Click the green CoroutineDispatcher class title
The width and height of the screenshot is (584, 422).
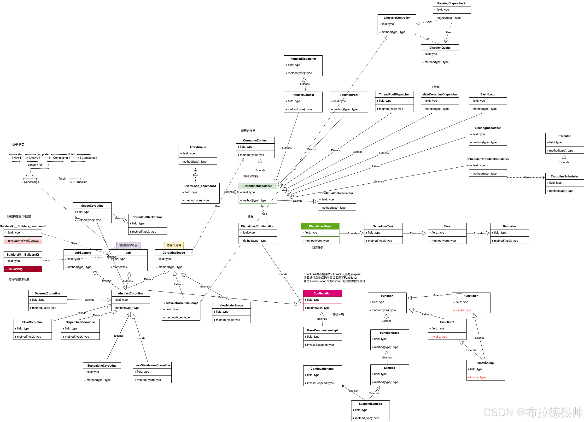pos(257,186)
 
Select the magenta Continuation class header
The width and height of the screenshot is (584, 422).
pos(322,293)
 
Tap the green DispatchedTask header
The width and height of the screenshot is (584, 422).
pos(320,226)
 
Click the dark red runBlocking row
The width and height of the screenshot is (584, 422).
pos(23,269)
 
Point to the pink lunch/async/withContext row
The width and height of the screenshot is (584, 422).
pos(23,240)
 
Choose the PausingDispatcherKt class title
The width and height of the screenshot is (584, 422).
pos(452,3)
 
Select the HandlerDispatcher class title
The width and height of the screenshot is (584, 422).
pos(303,59)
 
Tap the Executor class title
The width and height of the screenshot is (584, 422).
pos(564,136)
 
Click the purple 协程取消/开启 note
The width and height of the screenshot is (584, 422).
pos(128,245)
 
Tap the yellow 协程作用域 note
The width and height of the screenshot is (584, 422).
pos(174,245)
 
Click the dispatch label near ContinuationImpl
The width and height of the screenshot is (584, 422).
pos(353,391)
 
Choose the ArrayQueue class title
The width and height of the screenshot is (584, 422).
pos(198,147)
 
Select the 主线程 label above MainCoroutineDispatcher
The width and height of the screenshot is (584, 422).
pos(435,87)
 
